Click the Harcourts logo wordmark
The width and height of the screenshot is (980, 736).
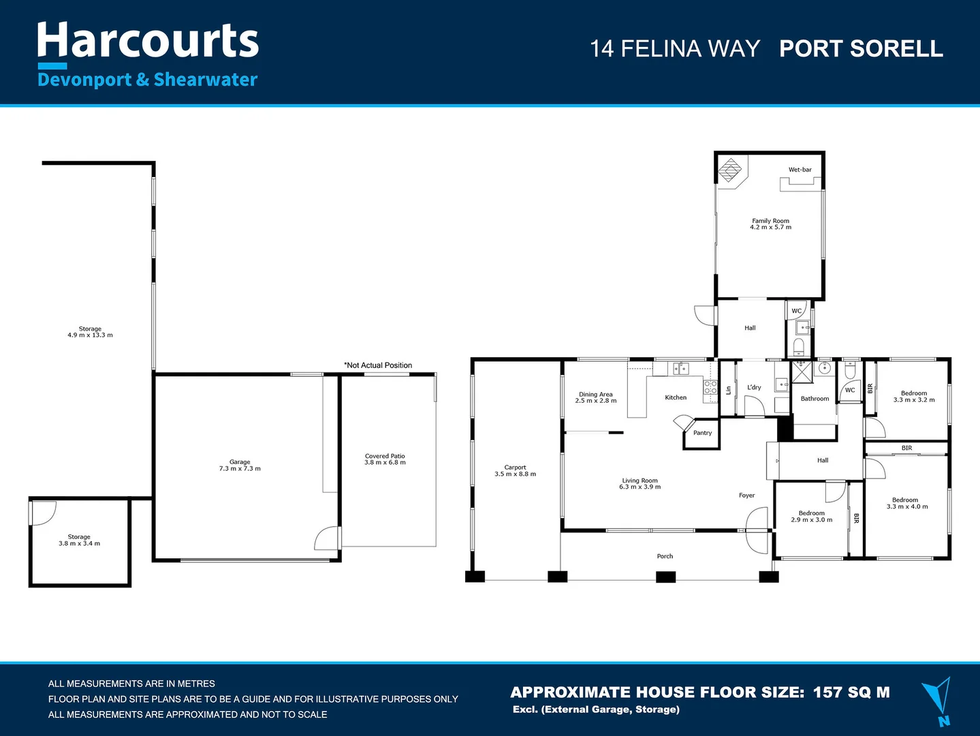(x=148, y=40)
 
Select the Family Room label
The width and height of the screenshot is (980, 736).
(x=771, y=224)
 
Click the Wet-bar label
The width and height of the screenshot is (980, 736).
(x=800, y=170)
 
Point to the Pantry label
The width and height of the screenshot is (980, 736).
(x=702, y=433)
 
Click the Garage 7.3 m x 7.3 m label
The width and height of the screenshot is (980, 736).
(x=240, y=465)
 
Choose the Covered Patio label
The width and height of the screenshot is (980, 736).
(x=385, y=459)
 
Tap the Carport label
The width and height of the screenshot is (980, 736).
(x=516, y=471)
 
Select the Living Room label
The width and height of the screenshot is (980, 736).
(x=639, y=484)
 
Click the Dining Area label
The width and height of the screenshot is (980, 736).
(x=596, y=397)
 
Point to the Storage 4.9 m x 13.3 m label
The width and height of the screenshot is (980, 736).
(x=90, y=332)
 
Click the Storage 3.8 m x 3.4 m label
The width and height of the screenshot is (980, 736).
(x=79, y=540)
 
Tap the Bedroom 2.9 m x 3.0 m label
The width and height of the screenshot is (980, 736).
(x=812, y=517)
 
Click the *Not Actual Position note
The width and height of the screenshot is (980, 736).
(x=378, y=365)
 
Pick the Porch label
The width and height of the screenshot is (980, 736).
(x=665, y=557)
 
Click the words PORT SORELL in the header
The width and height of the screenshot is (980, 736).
(x=862, y=48)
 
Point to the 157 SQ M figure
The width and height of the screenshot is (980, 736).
(x=851, y=692)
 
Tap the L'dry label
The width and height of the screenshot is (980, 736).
(x=754, y=388)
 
